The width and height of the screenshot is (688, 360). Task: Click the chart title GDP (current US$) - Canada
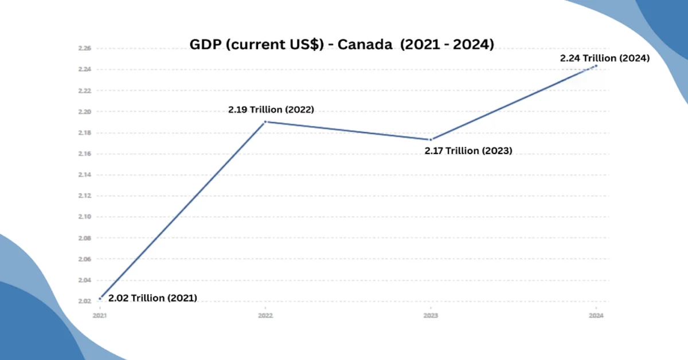342,45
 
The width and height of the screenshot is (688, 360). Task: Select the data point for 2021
100,298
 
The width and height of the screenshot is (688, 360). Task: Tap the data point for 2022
265,122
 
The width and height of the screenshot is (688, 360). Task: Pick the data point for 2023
431,139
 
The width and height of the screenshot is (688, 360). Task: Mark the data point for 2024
596,65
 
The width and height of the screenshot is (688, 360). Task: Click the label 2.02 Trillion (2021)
153,298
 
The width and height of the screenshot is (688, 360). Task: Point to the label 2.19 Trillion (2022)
271,109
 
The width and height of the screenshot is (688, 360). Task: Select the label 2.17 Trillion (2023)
468,151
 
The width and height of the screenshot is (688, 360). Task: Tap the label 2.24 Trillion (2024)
605,58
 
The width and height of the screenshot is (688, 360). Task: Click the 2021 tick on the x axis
100,315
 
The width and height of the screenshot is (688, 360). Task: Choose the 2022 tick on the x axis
265,315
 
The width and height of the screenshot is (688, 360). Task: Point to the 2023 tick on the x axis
431,315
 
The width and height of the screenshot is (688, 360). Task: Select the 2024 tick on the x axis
596,315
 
